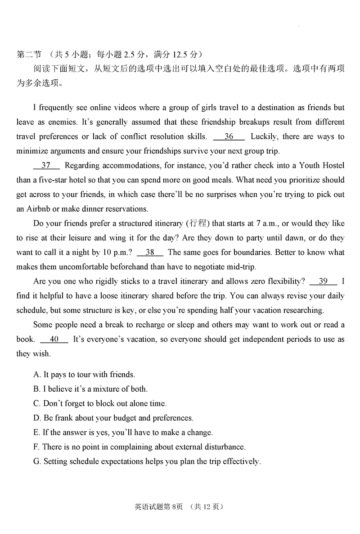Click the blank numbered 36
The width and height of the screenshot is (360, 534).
point(229,136)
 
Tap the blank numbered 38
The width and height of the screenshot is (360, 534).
point(150,252)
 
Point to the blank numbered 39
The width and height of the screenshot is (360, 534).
point(323,281)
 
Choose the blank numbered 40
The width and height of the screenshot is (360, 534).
point(54,339)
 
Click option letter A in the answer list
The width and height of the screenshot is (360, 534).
point(36,375)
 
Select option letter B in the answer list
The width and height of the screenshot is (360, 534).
point(36,389)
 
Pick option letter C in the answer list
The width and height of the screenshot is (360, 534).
point(36,403)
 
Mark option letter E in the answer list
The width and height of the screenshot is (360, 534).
point(36,432)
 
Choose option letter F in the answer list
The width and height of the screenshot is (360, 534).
point(36,447)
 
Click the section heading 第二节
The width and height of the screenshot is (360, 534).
point(28,54)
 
